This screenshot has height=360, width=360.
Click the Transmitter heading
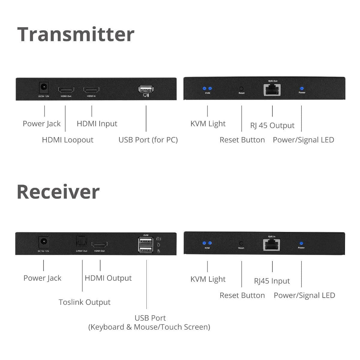(76, 34)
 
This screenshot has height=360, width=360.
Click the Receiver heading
(58, 192)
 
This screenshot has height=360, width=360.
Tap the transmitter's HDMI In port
(91, 90)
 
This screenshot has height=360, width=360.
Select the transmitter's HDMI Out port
(66, 90)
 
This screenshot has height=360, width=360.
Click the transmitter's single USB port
(146, 89)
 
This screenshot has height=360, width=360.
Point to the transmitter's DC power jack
(44, 87)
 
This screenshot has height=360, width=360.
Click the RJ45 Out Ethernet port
(272, 90)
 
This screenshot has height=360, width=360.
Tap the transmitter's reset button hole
(241, 89)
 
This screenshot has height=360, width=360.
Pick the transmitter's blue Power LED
(302, 88)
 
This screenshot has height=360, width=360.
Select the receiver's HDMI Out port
(99, 244)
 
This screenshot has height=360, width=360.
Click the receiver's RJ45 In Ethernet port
(271, 245)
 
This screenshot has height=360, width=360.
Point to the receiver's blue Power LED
(301, 244)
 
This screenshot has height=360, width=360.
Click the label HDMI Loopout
(67, 140)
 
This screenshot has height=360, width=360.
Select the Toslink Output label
(84, 302)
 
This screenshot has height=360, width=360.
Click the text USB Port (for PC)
(148, 140)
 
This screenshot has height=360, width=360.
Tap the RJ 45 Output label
(272, 125)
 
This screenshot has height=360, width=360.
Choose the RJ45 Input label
(272, 281)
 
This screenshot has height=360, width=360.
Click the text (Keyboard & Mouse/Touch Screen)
(149, 327)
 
